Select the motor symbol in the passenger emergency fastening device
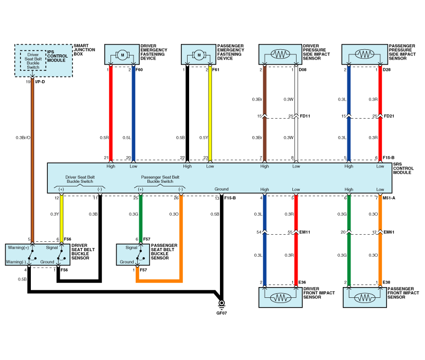pos(198,54)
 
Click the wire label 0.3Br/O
pos(23,137)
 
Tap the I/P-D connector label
pos(41,81)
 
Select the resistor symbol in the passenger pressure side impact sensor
pos(364,54)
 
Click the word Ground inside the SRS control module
pos(221,189)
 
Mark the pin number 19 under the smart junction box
pos(28,81)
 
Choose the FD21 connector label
pos(390,116)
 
